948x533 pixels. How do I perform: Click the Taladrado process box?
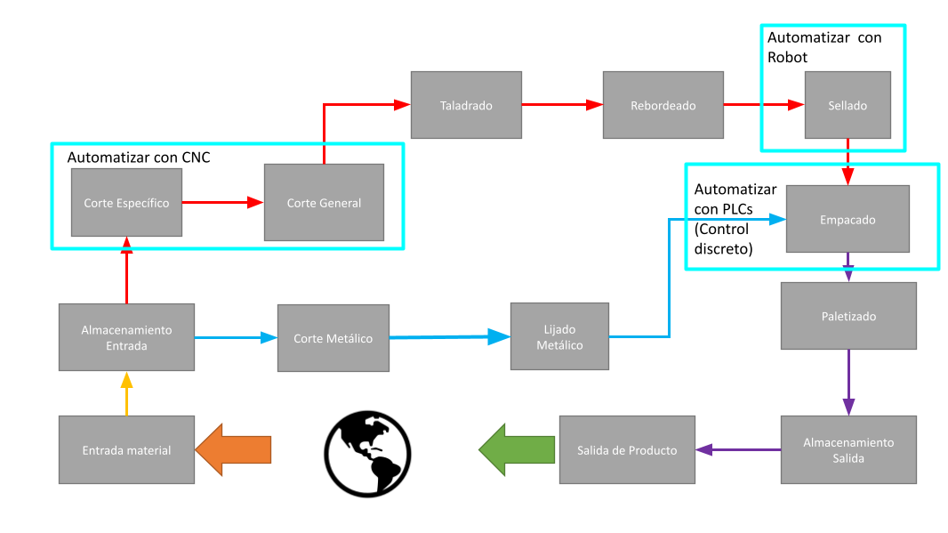465,105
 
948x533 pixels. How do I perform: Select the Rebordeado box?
663,105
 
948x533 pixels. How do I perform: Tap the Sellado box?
847,105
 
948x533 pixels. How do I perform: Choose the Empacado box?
847,218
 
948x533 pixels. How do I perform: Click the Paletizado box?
848,316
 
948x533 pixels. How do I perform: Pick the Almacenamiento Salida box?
848,449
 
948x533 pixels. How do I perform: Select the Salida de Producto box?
626,449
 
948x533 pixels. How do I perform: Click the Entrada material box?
126,449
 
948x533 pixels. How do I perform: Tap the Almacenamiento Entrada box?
126,337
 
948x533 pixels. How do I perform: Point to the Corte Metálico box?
333,338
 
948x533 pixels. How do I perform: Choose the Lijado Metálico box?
559,336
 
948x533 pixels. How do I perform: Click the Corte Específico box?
126,202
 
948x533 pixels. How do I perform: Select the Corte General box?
324,202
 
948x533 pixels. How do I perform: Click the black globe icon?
366,452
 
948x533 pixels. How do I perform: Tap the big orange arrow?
233,449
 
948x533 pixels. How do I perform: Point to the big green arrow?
517,449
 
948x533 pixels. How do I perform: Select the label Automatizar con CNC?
139,157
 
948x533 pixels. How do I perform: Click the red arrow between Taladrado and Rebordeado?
561,105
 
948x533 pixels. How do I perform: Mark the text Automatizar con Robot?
823,47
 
